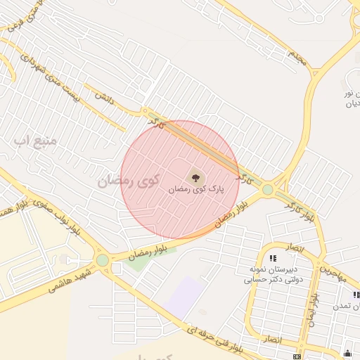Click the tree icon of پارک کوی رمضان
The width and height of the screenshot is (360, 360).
pos(195,178)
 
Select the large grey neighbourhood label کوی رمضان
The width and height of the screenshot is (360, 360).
pos(126,181)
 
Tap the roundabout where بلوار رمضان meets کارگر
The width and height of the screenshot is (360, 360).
pos(267,189)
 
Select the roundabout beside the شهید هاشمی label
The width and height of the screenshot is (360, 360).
pos(103,260)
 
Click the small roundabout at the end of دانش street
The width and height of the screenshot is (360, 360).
pos(146,111)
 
